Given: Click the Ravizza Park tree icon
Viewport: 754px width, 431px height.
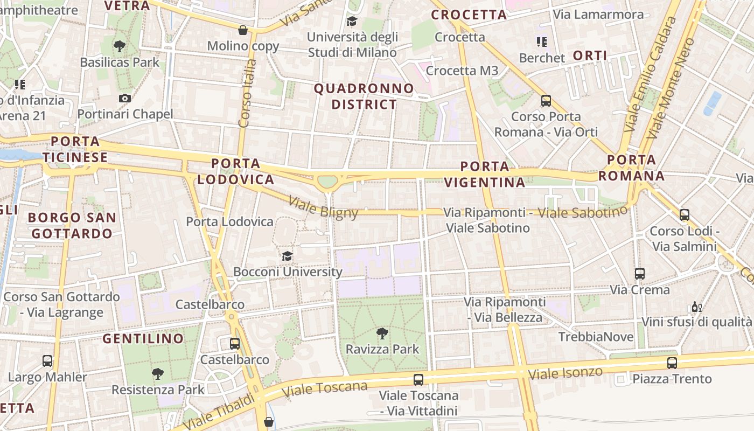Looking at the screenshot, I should click(382, 333).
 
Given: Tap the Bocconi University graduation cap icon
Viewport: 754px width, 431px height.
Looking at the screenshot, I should click(288, 256).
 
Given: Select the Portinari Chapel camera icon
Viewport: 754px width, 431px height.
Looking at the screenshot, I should click(125, 98).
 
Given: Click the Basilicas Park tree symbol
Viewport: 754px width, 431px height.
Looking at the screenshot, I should click(120, 46).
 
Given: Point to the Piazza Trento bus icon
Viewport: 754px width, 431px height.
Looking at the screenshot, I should click(672, 363).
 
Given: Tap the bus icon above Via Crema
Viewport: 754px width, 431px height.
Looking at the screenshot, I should click(640, 273).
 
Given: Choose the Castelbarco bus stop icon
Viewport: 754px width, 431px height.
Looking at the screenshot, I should click(235, 343).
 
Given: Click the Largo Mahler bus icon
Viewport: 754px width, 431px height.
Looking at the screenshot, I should click(47, 360).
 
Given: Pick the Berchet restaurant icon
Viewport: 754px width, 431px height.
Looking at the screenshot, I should click(542, 41).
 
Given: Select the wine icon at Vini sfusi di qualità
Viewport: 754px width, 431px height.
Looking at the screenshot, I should click(696, 307).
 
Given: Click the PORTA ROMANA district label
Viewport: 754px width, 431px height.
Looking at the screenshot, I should click(631, 168).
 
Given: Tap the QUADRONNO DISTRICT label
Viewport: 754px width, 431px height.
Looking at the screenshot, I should click(364, 96).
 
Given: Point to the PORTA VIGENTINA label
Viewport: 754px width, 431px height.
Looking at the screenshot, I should click(485, 174).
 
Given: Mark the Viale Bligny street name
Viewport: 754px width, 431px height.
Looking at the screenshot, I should click(323, 208).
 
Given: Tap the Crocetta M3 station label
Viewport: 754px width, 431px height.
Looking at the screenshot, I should click(462, 71).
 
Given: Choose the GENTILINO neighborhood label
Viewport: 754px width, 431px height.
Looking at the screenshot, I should click(143, 338).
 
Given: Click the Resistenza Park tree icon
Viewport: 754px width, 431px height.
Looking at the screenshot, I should click(158, 373).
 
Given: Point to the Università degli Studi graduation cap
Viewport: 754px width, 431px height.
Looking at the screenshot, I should click(352, 21).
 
